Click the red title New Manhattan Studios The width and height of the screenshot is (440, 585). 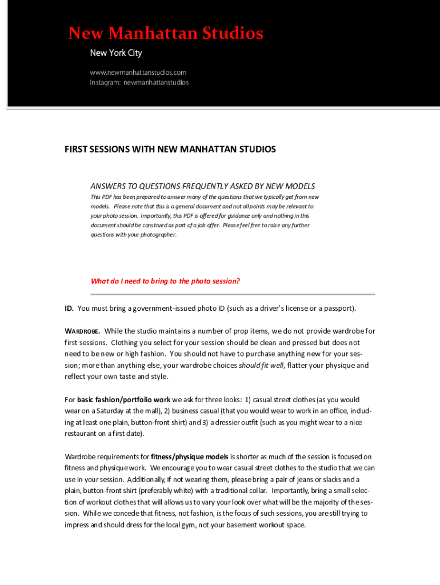click(x=166, y=34)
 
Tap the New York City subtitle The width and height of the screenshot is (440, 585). click(x=116, y=53)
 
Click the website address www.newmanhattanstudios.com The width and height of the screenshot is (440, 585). click(x=138, y=73)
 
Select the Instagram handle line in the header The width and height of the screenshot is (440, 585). click(x=139, y=82)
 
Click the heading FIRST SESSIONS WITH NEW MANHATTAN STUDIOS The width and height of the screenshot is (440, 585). click(x=170, y=150)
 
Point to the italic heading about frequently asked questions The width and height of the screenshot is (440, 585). click(x=203, y=186)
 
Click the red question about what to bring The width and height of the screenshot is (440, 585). click(x=165, y=281)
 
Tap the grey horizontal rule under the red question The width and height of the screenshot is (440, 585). click(x=233, y=294)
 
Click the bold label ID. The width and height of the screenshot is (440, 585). click(x=69, y=308)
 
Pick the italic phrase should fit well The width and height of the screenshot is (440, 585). click(x=261, y=366)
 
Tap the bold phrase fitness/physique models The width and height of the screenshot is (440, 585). click(x=190, y=457)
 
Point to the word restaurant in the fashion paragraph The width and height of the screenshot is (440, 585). click(x=82, y=434)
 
